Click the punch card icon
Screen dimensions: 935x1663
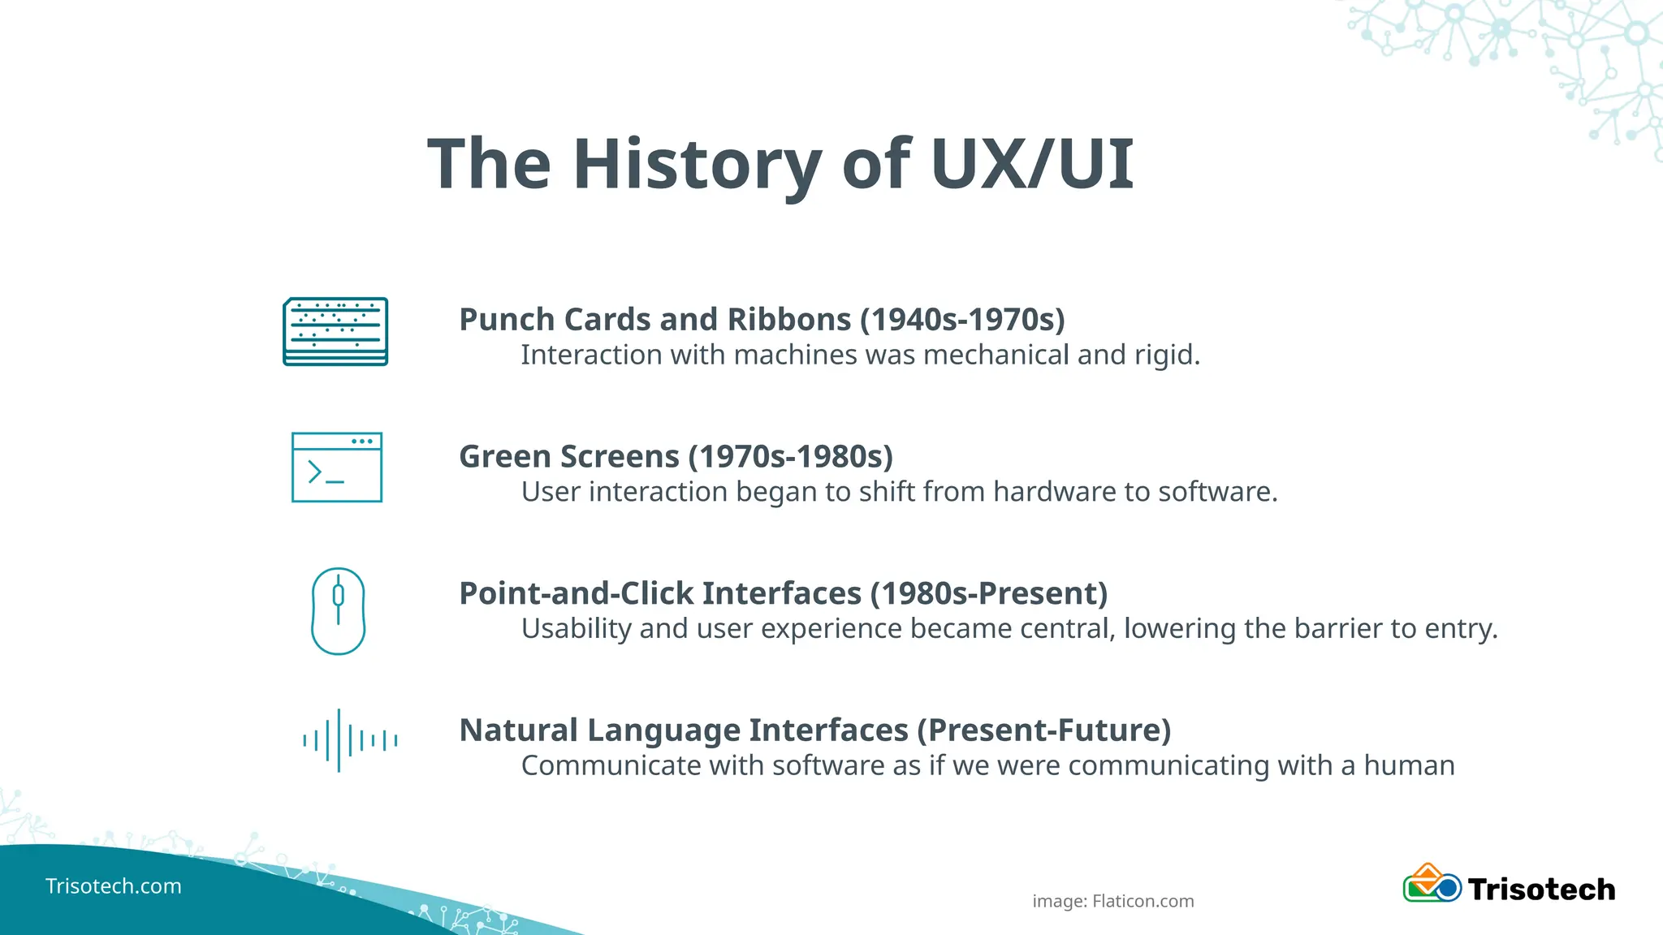click(x=335, y=331)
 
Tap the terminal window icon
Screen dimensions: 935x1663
click(x=337, y=467)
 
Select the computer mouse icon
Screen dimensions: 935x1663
click(x=338, y=611)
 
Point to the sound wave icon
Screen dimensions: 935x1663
click(x=349, y=740)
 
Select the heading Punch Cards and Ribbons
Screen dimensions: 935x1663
click(x=654, y=320)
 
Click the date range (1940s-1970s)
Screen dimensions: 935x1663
click(x=962, y=320)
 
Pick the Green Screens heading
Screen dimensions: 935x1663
click(x=569, y=457)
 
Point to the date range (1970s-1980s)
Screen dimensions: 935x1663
click(x=790, y=457)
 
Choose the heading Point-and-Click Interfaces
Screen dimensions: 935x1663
click(x=660, y=594)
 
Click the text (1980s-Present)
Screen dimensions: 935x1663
click(x=989, y=594)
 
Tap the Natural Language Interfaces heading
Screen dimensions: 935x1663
click(x=684, y=730)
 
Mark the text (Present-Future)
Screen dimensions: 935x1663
click(x=1044, y=730)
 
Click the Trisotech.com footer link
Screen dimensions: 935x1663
click(x=114, y=886)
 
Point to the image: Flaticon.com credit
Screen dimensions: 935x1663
click(x=1113, y=901)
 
